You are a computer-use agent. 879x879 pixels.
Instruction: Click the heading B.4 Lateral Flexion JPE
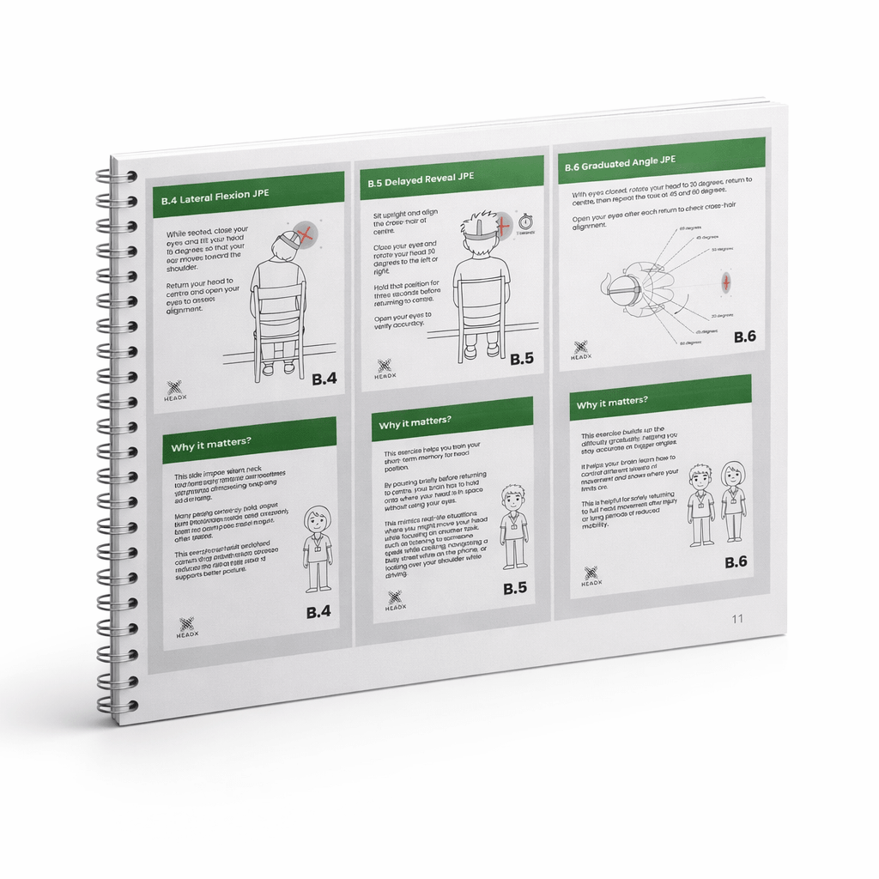pos(215,195)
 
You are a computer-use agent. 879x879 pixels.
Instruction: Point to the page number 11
pos(737,619)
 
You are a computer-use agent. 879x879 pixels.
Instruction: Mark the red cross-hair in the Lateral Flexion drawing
pos(302,233)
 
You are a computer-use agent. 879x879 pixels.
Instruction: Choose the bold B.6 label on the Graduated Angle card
pos(744,337)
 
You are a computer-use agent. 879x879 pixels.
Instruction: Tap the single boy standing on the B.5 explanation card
pos(513,526)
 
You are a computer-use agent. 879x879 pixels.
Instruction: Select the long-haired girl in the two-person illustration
pos(732,502)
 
